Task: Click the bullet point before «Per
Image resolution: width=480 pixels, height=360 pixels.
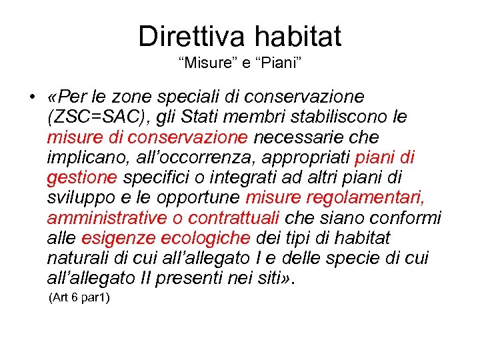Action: click(32, 97)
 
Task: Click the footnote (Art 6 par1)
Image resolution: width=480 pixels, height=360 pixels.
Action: click(79, 298)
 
